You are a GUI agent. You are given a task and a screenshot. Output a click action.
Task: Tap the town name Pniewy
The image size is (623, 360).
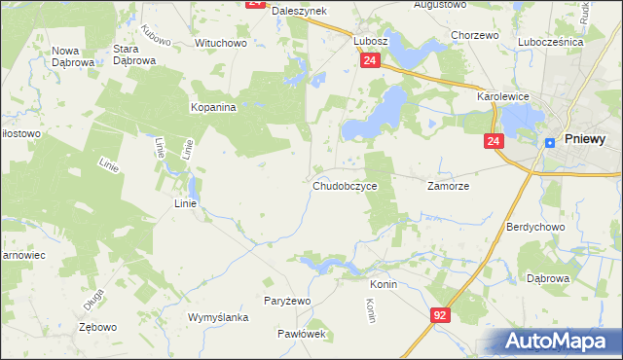(x=585, y=139)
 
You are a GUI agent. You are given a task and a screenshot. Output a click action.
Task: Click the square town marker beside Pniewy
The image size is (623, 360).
(x=550, y=141)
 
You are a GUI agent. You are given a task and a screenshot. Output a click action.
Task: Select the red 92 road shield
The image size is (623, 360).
(x=441, y=315)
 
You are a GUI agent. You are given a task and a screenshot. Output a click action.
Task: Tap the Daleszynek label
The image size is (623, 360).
(x=299, y=10)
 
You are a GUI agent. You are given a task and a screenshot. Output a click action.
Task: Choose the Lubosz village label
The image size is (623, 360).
(x=371, y=42)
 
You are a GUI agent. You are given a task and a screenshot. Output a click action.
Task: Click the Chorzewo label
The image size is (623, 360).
(x=475, y=35)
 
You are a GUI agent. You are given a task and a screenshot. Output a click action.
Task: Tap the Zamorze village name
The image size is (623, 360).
(x=449, y=185)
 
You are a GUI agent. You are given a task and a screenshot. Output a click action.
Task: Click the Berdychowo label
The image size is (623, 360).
(x=535, y=226)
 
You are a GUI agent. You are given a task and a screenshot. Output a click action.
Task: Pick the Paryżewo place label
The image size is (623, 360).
(x=287, y=301)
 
